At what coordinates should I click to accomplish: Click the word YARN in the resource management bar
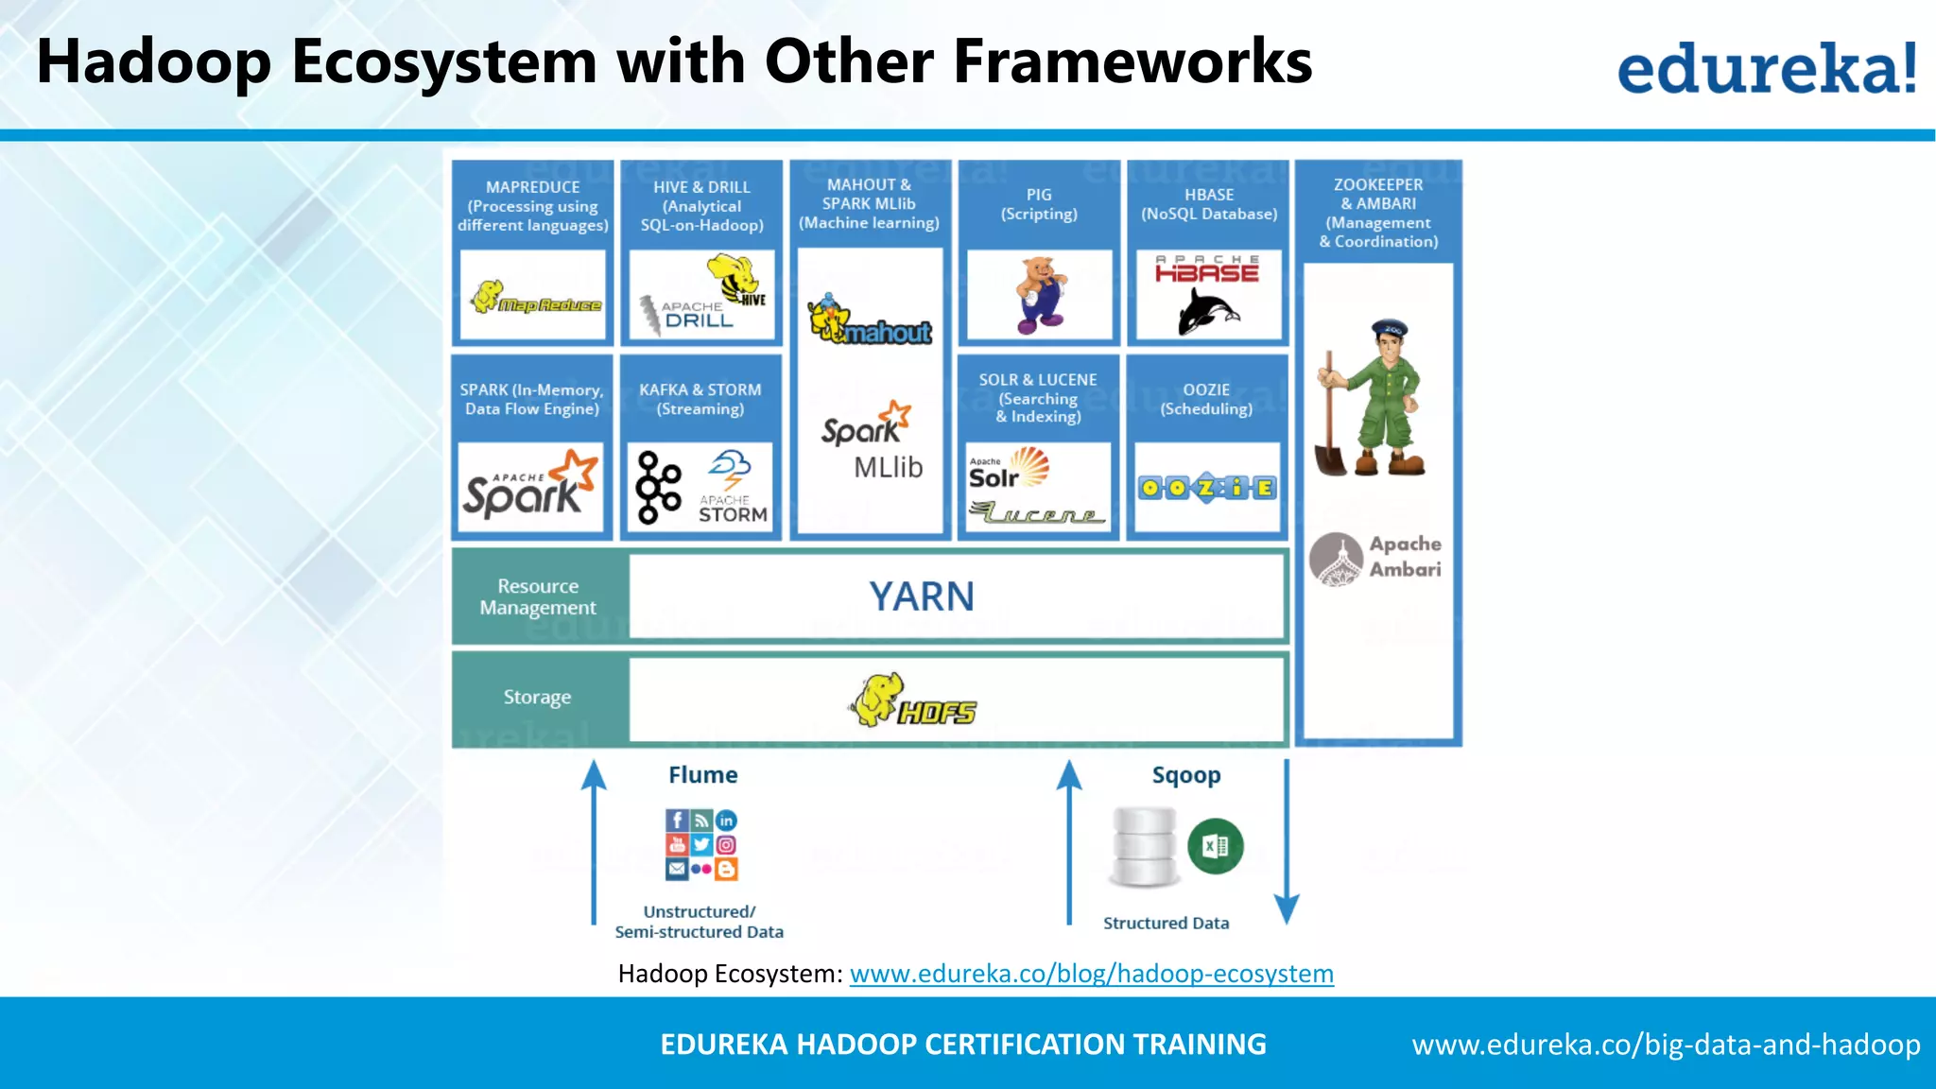[x=921, y=596]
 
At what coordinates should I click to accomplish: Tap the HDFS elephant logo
[x=913, y=700]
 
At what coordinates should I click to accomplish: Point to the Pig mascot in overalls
[x=1041, y=295]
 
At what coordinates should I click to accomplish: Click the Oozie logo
[x=1207, y=488]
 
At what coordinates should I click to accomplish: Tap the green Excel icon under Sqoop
[x=1215, y=846]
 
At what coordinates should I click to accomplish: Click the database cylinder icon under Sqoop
[x=1144, y=846]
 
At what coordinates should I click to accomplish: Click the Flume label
[x=702, y=775]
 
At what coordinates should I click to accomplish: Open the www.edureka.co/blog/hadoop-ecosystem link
[x=1091, y=974]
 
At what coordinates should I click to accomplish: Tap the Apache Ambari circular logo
[x=1336, y=559]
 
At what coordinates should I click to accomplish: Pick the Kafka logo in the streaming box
[x=658, y=488]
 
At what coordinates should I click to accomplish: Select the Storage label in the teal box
[x=537, y=698]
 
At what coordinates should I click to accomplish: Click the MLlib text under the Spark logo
[x=888, y=467]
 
